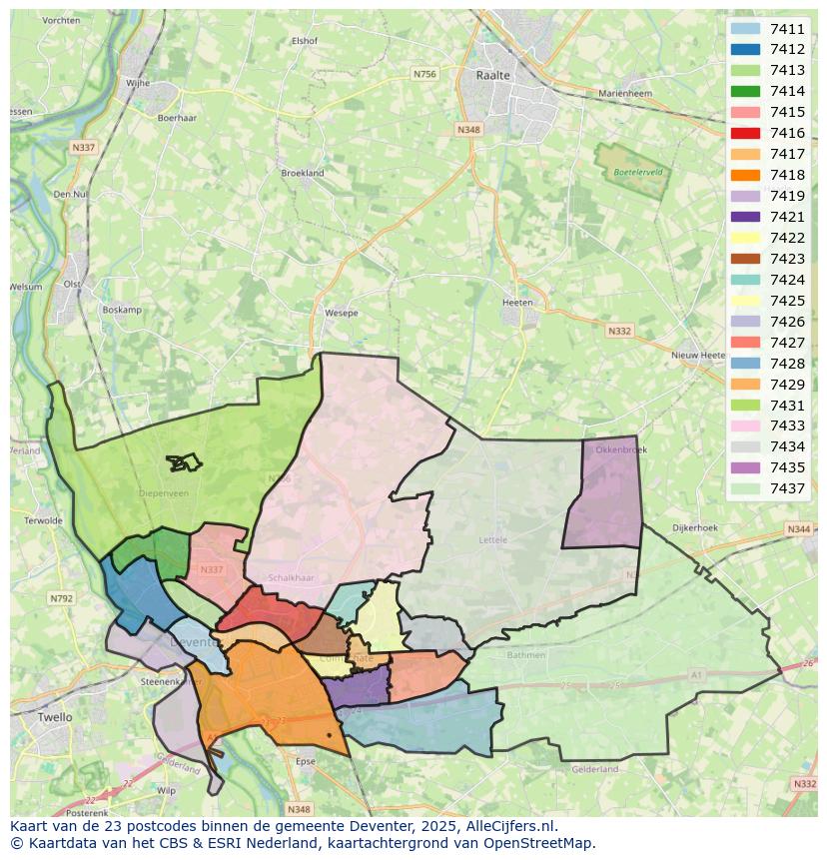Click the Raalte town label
(x=493, y=75)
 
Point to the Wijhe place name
(x=137, y=83)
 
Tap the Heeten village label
(x=517, y=302)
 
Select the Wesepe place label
(x=342, y=313)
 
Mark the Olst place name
(x=72, y=284)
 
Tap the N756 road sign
(x=425, y=74)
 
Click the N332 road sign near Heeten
(x=618, y=331)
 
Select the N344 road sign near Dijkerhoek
(x=798, y=529)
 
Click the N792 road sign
(x=62, y=599)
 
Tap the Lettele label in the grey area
(x=493, y=539)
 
